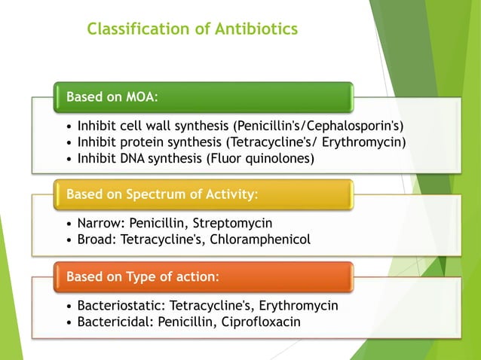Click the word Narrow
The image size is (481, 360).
pyautogui.click(x=96, y=224)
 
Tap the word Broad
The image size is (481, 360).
pyautogui.click(x=93, y=239)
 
